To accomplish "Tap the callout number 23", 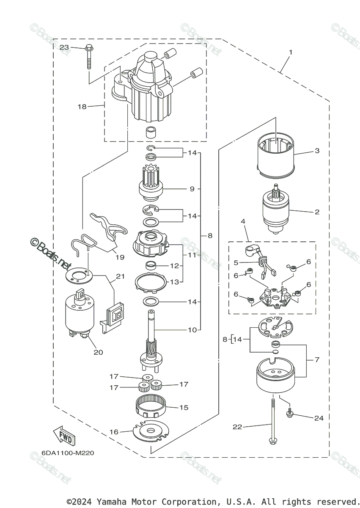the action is pos(64,47).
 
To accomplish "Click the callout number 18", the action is pos(82,106).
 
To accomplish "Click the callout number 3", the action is pos(317,151).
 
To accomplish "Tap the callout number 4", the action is pos(243,221).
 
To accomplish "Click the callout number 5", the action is pos(236,262).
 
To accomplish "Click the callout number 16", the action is pos(114,432).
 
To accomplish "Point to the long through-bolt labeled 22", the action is pos(273,422).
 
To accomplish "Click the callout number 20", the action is pos(98,352).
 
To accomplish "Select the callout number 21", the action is pos(120,276).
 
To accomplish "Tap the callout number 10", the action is pos(192,330).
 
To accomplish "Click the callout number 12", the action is pos(174,266).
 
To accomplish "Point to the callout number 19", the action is pos(120,257).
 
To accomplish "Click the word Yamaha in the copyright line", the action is pos(111,501).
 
